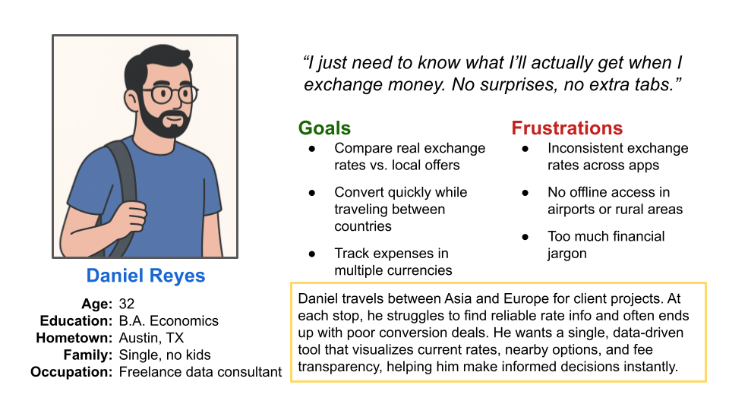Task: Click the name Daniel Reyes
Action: pyautogui.click(x=145, y=275)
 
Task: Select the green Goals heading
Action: pyautogui.click(x=324, y=128)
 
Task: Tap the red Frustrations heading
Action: pyautogui.click(x=566, y=128)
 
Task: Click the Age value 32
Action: pyautogui.click(x=127, y=304)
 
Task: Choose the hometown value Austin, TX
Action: pyautogui.click(x=151, y=338)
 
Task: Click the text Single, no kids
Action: pyautogui.click(x=165, y=355)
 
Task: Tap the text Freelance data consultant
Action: pyautogui.click(x=200, y=372)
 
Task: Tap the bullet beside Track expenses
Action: pyautogui.click(x=311, y=254)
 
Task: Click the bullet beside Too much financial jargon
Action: pyautogui.click(x=525, y=237)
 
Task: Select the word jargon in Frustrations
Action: pyautogui.click(x=566, y=254)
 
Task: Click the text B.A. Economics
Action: pyautogui.click(x=169, y=320)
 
